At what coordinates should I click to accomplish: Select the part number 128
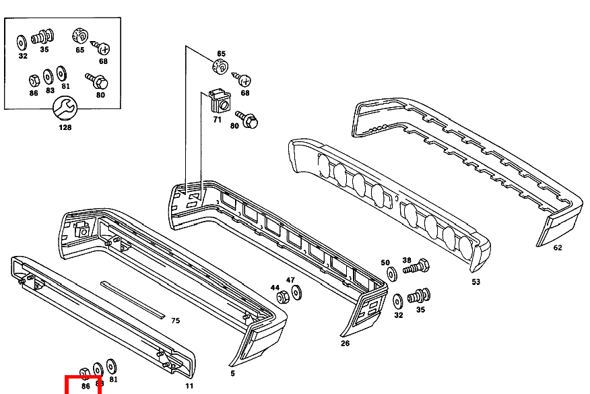(65, 127)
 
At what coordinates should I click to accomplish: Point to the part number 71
(217, 119)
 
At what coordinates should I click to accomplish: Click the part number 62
(557, 247)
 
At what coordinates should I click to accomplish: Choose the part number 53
(476, 282)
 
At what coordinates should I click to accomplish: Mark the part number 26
(346, 342)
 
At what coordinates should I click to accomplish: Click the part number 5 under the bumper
(233, 372)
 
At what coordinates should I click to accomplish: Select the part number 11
(189, 385)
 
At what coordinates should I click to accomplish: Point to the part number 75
(175, 321)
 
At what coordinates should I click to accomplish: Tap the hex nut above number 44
(284, 297)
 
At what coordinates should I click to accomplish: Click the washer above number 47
(296, 292)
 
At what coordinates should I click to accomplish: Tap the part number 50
(385, 263)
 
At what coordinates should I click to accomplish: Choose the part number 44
(275, 288)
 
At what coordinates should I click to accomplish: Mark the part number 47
(290, 280)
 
